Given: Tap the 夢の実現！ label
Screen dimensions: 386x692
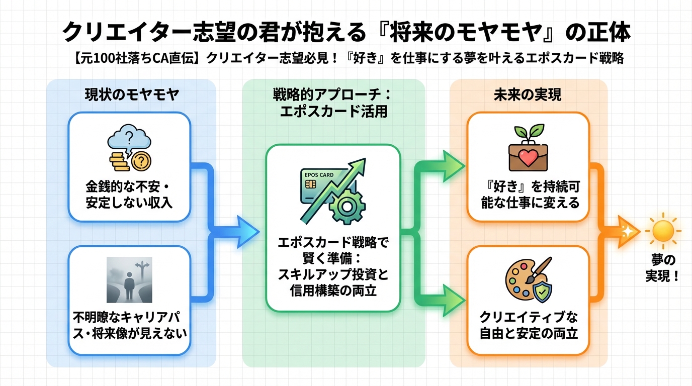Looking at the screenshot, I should pyautogui.click(x=662, y=268).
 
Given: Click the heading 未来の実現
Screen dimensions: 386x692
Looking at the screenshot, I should pyautogui.click(x=528, y=95).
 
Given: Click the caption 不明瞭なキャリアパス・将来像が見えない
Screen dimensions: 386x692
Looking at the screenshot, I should pyautogui.click(x=129, y=325).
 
